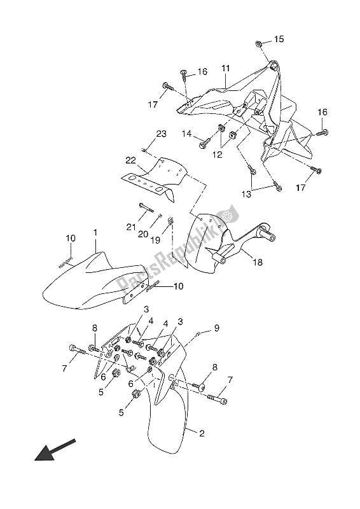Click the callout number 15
[279, 39]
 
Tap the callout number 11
[226, 69]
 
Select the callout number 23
[162, 134]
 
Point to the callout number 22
[131, 161]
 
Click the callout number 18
[258, 262]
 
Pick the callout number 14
[186, 133]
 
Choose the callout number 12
[217, 155]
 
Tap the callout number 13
[246, 194]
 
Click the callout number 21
[131, 227]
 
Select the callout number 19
[155, 240]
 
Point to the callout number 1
[95, 233]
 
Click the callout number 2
[202, 433]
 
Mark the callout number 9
[216, 328]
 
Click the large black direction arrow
[55, 450]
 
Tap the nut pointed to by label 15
[259, 43]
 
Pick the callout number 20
[143, 234]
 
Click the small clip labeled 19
[170, 221]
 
